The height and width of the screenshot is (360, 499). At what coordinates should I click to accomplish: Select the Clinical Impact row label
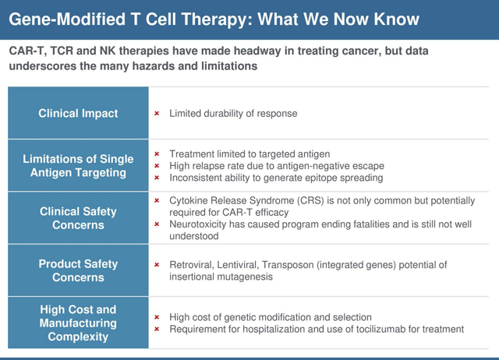[78, 113]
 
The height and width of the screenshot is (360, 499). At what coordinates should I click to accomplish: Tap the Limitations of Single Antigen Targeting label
[78, 166]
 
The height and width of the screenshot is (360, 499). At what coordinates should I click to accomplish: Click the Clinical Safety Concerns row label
[78, 218]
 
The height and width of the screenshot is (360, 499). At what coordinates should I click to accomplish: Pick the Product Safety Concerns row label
[78, 270]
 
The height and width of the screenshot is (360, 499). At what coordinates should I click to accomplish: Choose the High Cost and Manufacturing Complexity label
[78, 323]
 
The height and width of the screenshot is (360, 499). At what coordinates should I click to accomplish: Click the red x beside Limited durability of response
[157, 113]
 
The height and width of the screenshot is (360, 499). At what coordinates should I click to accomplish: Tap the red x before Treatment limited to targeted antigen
[157, 154]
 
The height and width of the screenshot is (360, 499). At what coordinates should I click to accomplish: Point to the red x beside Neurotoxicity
[157, 224]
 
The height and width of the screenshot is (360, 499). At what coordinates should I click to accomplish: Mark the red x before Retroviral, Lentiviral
[157, 265]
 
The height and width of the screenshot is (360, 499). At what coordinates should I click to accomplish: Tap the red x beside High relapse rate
[157, 166]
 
